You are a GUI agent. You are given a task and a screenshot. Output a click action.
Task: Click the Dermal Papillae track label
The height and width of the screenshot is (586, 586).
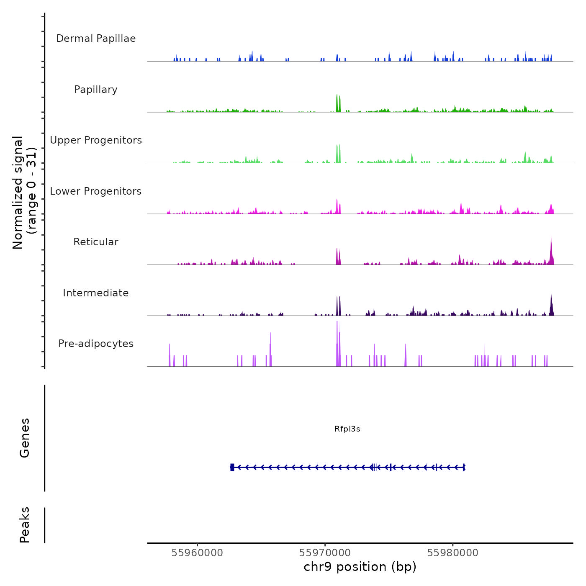point(96,39)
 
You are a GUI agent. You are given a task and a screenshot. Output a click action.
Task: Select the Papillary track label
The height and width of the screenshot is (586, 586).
point(96,90)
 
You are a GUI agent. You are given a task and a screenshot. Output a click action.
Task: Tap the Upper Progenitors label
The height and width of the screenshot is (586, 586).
point(96,140)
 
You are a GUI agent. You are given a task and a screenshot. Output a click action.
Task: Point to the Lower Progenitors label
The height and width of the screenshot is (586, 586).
point(96,191)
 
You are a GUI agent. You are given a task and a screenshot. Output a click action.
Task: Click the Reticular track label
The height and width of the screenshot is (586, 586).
point(96,242)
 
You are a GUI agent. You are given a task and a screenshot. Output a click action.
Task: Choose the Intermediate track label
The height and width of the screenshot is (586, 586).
point(96,293)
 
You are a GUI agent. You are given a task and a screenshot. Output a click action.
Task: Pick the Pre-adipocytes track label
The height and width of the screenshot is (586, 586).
point(96,344)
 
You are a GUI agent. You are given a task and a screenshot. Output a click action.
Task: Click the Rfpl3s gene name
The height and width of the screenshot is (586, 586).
point(347,429)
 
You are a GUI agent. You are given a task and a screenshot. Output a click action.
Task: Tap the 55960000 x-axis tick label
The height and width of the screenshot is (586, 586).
point(197,553)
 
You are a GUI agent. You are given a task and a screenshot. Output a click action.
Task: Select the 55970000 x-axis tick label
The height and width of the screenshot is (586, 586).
point(325,553)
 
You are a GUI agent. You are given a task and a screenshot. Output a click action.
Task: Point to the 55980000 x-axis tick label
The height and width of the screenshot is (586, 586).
point(452,553)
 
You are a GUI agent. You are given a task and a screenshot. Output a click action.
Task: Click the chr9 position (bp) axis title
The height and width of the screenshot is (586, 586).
point(360,567)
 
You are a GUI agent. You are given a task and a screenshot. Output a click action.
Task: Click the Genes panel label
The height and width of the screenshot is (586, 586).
point(25,438)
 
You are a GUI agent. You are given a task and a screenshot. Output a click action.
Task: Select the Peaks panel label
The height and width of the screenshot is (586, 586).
point(25,525)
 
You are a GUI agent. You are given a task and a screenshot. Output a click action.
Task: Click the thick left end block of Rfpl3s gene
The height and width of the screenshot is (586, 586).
point(232,467)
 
